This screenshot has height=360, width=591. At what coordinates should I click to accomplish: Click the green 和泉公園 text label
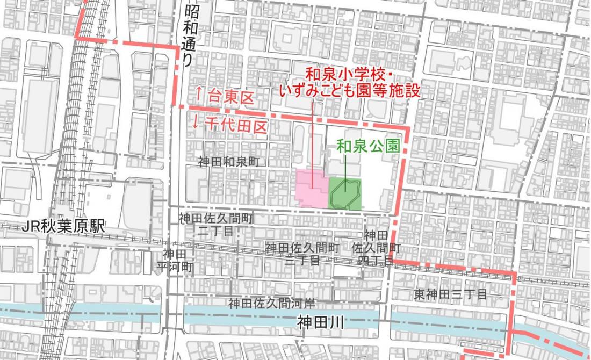(368, 145)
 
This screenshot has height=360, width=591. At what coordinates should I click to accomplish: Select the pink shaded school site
(312, 188)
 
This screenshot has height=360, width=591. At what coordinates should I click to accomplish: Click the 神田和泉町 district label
(228, 162)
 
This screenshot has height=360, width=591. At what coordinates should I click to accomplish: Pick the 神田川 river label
(320, 322)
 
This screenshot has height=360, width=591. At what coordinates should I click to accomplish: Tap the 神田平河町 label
(174, 259)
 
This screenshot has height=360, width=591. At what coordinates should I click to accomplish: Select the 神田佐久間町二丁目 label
(215, 225)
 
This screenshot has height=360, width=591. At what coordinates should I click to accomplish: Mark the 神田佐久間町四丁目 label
(376, 248)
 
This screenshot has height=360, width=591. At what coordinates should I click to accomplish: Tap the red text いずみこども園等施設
(349, 90)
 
